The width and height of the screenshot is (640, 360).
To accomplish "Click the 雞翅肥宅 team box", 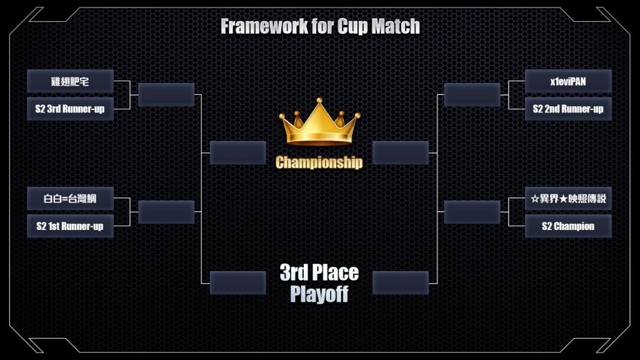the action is point(70,81).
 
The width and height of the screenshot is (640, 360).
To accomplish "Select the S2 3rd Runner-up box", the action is point(70,109).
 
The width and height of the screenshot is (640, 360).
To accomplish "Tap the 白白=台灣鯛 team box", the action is point(70,199).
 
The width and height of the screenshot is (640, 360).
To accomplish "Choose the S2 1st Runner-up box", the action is point(70,226).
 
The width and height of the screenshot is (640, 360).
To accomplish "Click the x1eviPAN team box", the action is point(568,81).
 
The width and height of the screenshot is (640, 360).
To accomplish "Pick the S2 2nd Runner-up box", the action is point(568,109).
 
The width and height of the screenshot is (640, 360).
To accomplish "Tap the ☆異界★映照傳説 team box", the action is point(568,199).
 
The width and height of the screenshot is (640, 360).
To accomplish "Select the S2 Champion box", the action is point(568,226).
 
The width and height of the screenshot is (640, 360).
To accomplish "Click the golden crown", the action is point(319,122).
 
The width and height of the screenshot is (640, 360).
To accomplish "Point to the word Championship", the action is point(319,162).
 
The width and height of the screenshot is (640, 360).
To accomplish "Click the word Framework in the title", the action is point(264,26).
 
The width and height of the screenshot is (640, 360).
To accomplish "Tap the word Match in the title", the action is point(396,26).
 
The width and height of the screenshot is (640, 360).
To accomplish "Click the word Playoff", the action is point(319,294).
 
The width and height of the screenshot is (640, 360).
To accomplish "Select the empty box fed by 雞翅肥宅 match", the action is point(166,95).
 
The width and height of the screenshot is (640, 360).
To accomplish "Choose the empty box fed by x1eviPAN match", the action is point(472,95).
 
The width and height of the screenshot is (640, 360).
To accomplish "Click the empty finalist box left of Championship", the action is point(238,153).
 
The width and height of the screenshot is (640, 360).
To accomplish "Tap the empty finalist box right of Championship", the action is point(401,153).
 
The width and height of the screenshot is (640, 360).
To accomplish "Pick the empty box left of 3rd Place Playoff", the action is point(238,283).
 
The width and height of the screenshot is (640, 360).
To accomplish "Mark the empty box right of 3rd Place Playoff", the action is point(401,283).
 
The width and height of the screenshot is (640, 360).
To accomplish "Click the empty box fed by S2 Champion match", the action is point(472,212).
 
